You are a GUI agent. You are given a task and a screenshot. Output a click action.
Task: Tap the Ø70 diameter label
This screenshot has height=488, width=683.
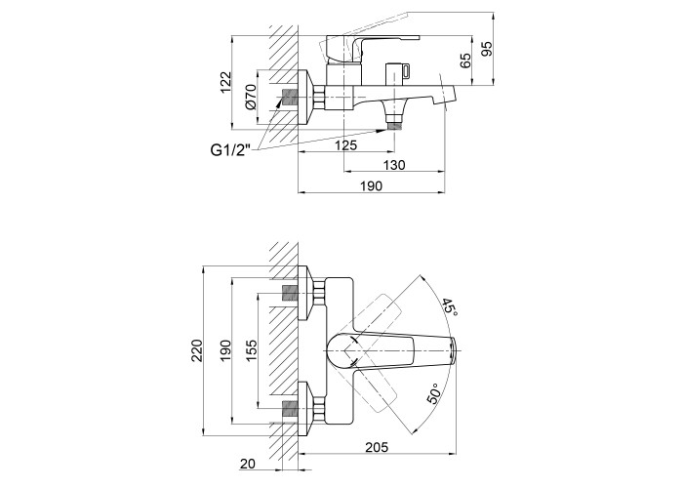(251, 96)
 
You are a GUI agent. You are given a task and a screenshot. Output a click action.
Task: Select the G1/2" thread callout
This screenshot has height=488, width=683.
(230, 149)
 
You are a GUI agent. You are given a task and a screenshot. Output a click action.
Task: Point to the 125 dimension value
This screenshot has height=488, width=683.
(344, 144)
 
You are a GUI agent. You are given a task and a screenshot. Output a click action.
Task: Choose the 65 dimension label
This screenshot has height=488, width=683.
(466, 60)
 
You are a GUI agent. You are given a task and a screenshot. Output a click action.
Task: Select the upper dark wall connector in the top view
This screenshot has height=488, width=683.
(289, 293)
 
